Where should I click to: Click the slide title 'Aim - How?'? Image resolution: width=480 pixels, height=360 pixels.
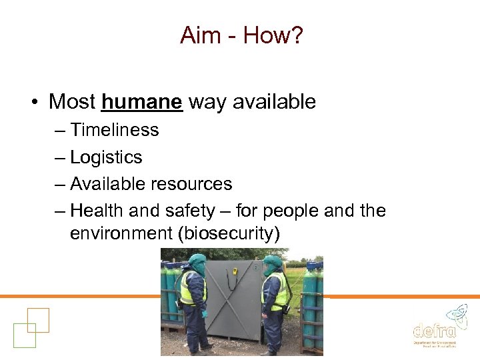click(241, 35)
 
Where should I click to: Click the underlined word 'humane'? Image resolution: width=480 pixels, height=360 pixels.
click(142, 102)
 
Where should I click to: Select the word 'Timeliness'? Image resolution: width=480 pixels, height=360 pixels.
click(115, 130)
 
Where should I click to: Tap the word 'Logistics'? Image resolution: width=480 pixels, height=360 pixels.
click(106, 157)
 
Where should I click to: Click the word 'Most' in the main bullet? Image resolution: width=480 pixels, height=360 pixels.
click(72, 102)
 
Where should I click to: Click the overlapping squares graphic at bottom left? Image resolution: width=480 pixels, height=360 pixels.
click(31, 327)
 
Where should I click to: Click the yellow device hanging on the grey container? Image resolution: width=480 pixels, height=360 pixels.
click(234, 273)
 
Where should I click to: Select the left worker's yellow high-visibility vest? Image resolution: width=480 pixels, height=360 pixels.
click(191, 288)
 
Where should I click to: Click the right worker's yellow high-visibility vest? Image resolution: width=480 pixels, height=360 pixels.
click(277, 291)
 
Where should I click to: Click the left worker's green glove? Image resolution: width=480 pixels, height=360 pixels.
click(205, 313)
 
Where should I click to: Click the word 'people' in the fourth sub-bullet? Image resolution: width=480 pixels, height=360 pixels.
click(291, 211)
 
